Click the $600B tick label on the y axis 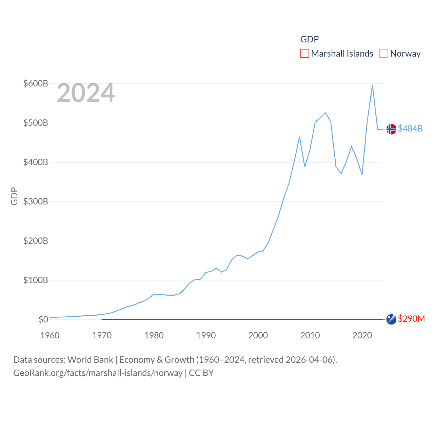click(36, 83)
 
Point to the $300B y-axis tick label click(36, 201)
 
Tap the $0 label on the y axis click(43, 319)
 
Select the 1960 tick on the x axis click(50, 335)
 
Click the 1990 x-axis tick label click(206, 335)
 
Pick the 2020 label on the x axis click(362, 335)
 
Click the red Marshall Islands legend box click(305, 54)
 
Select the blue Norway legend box click(383, 54)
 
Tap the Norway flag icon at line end click(391, 129)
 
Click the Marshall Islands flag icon click(391, 319)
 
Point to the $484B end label click(410, 129)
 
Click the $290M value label click(411, 319)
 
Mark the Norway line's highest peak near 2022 click(372, 85)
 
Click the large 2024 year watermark click(86, 93)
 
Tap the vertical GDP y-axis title click(14, 196)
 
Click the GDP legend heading click(310, 39)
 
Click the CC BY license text click(201, 373)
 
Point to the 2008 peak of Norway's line click(299, 137)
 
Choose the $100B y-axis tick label click(36, 280)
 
